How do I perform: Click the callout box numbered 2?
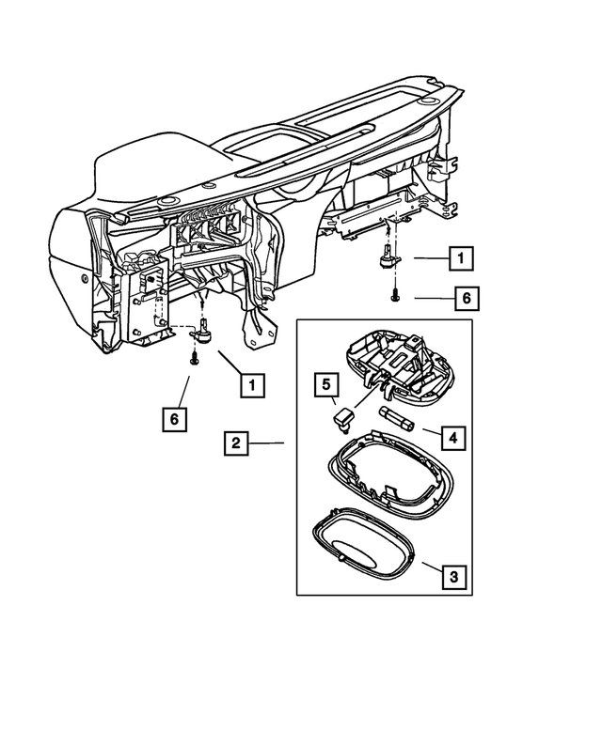click(x=236, y=442)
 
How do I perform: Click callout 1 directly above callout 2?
click(x=250, y=383)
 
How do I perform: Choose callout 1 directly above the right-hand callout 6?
click(x=460, y=257)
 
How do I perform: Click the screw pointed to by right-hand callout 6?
click(x=394, y=296)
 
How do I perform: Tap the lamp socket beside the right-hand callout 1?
click(x=387, y=257)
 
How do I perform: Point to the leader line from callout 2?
click(x=269, y=442)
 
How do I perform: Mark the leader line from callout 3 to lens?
click(x=429, y=566)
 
